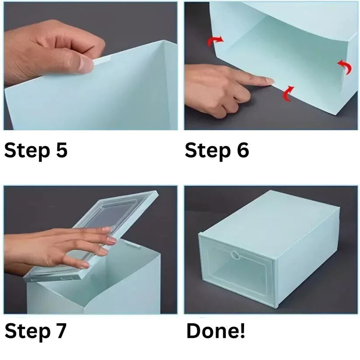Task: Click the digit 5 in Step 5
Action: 62,150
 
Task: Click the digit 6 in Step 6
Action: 242,150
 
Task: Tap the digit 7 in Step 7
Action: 60,331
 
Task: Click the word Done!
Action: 215,331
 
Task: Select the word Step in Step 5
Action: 27,151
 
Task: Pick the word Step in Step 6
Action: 207,151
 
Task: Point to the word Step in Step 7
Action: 27,332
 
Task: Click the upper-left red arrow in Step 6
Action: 215,40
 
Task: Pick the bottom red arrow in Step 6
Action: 288,93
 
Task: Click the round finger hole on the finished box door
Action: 235,255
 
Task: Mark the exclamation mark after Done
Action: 242,331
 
